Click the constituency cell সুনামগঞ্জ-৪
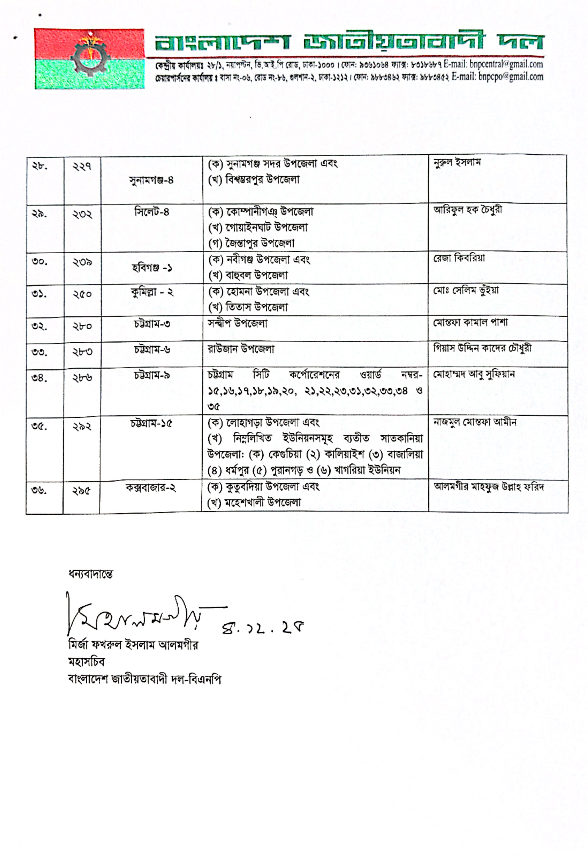pyautogui.click(x=151, y=180)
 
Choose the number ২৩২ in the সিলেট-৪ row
pyautogui.click(x=82, y=214)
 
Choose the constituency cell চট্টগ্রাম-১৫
pyautogui.click(x=151, y=424)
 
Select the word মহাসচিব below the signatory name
pyautogui.click(x=86, y=662)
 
